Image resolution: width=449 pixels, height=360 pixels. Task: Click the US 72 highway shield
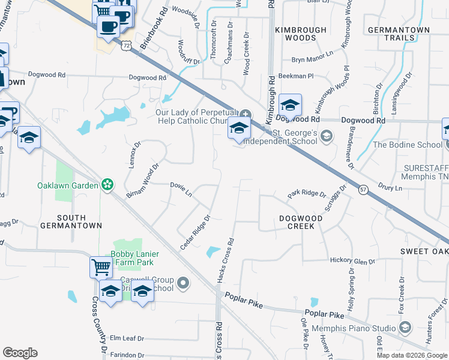(125, 44)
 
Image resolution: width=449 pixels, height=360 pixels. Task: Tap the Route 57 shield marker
(364, 190)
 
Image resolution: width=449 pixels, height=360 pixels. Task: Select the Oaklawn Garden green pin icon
(107, 185)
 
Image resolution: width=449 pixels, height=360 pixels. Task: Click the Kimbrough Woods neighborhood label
(301, 34)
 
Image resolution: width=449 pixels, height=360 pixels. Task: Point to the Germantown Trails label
(399, 34)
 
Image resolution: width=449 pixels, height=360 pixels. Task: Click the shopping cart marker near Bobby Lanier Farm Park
(100, 267)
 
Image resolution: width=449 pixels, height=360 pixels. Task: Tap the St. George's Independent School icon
(326, 136)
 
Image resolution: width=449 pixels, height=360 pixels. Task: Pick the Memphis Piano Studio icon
(405, 328)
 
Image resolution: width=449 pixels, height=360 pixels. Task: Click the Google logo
(20, 353)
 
